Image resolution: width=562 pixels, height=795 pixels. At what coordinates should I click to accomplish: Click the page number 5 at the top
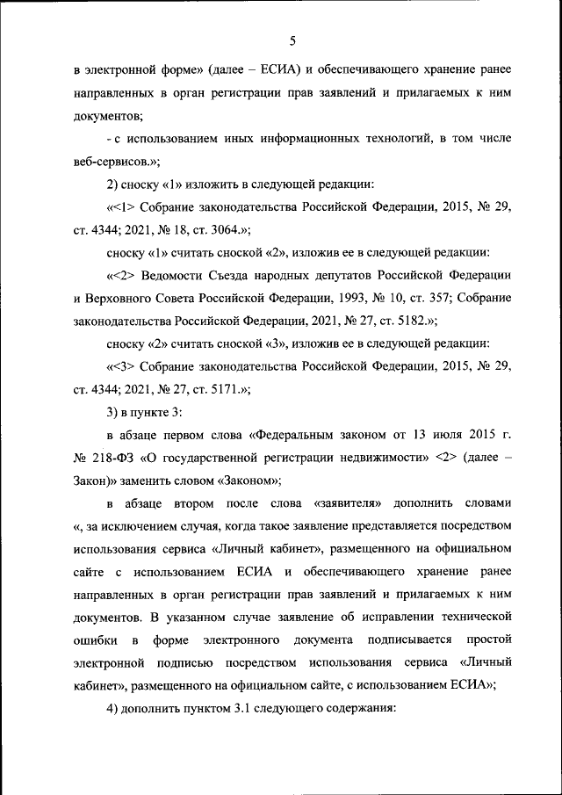pyautogui.click(x=292, y=39)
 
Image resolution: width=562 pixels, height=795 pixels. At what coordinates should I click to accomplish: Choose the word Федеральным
pyautogui.click(x=297, y=435)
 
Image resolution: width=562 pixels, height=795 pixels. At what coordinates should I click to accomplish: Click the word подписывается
pyautogui.click(x=414, y=640)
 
